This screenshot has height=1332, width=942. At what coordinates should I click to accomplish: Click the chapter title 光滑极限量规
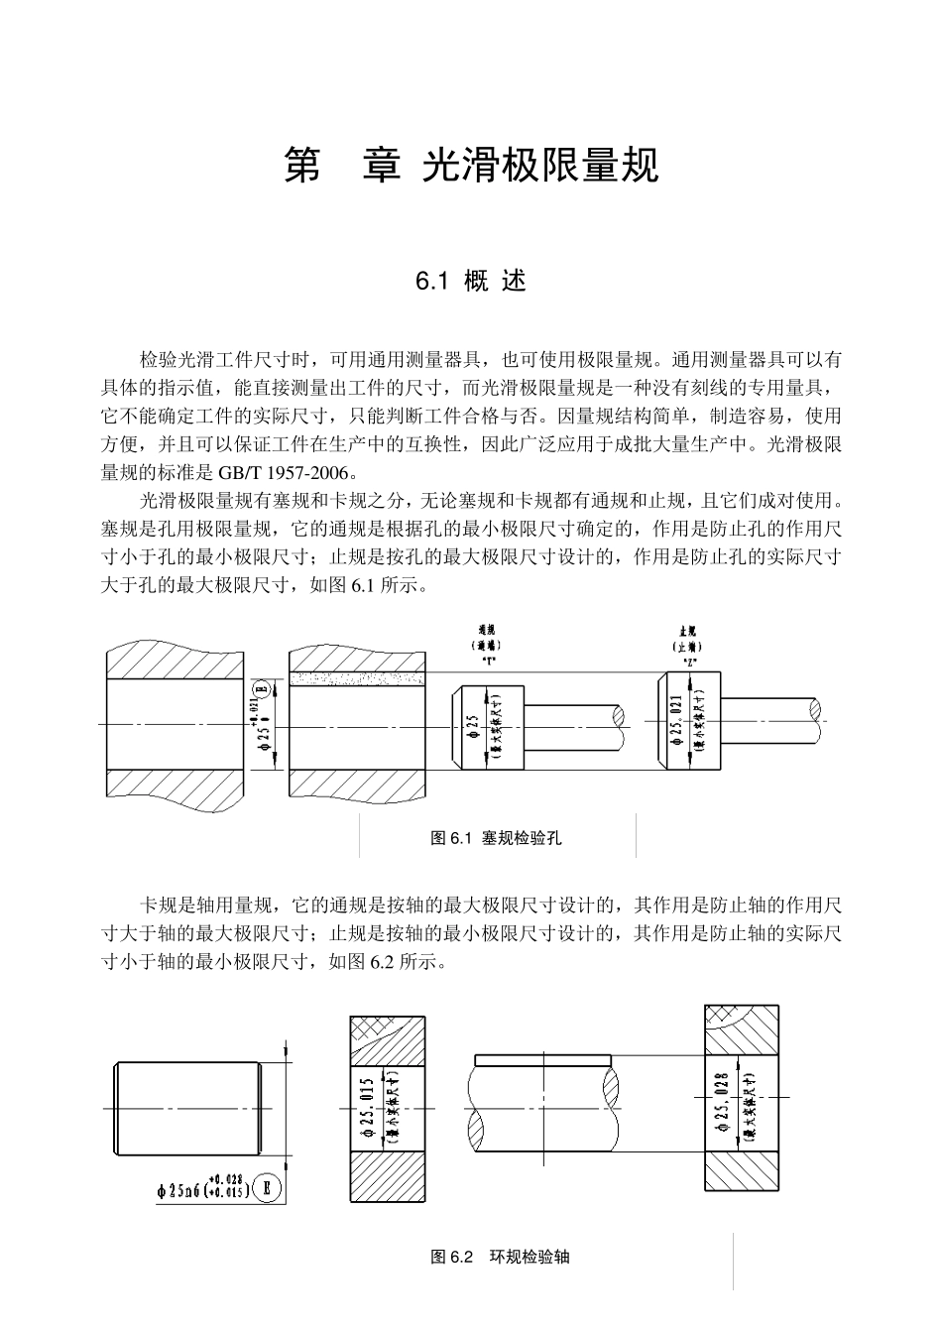(540, 167)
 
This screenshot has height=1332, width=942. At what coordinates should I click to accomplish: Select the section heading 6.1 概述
(471, 281)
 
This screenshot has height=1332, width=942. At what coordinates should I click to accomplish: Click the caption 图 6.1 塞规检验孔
(497, 838)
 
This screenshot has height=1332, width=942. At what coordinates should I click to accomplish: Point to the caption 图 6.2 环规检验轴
(500, 1257)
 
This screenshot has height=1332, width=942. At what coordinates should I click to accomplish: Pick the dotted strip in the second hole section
(356, 678)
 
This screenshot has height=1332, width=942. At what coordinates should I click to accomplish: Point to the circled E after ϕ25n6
(267, 1187)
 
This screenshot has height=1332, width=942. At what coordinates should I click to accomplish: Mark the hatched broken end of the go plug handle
(621, 715)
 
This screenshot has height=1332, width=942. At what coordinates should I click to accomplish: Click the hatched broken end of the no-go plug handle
(816, 710)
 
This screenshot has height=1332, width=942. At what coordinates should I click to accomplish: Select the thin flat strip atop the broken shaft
(541, 1059)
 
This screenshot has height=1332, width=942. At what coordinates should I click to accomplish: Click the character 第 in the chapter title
(303, 167)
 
